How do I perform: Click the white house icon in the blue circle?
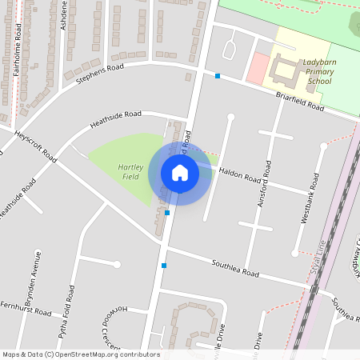pos(180,172)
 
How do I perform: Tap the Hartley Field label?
pos(130,171)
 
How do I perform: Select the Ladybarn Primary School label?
pos(318,71)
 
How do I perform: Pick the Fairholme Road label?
pos(17,48)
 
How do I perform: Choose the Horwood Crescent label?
pos(110,328)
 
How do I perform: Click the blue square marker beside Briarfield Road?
pos(218,76)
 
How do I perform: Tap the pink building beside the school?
pos(257,69)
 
